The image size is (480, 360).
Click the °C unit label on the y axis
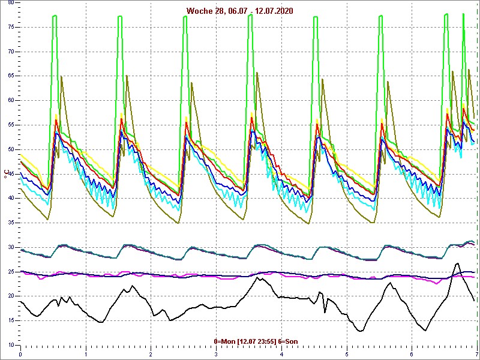coord(7,174)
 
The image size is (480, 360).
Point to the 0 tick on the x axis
coord(21,353)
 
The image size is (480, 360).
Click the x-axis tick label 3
coord(217,353)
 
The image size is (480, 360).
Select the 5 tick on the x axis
coord(347,353)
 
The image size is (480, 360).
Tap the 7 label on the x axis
coord(476,353)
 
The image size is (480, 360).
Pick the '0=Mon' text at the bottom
coord(224,341)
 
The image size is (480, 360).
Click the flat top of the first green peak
coord(55,16)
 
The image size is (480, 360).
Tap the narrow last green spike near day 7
coord(463,14)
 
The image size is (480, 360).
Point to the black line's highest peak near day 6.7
coord(457,263)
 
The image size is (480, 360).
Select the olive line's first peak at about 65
coord(61,77)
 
